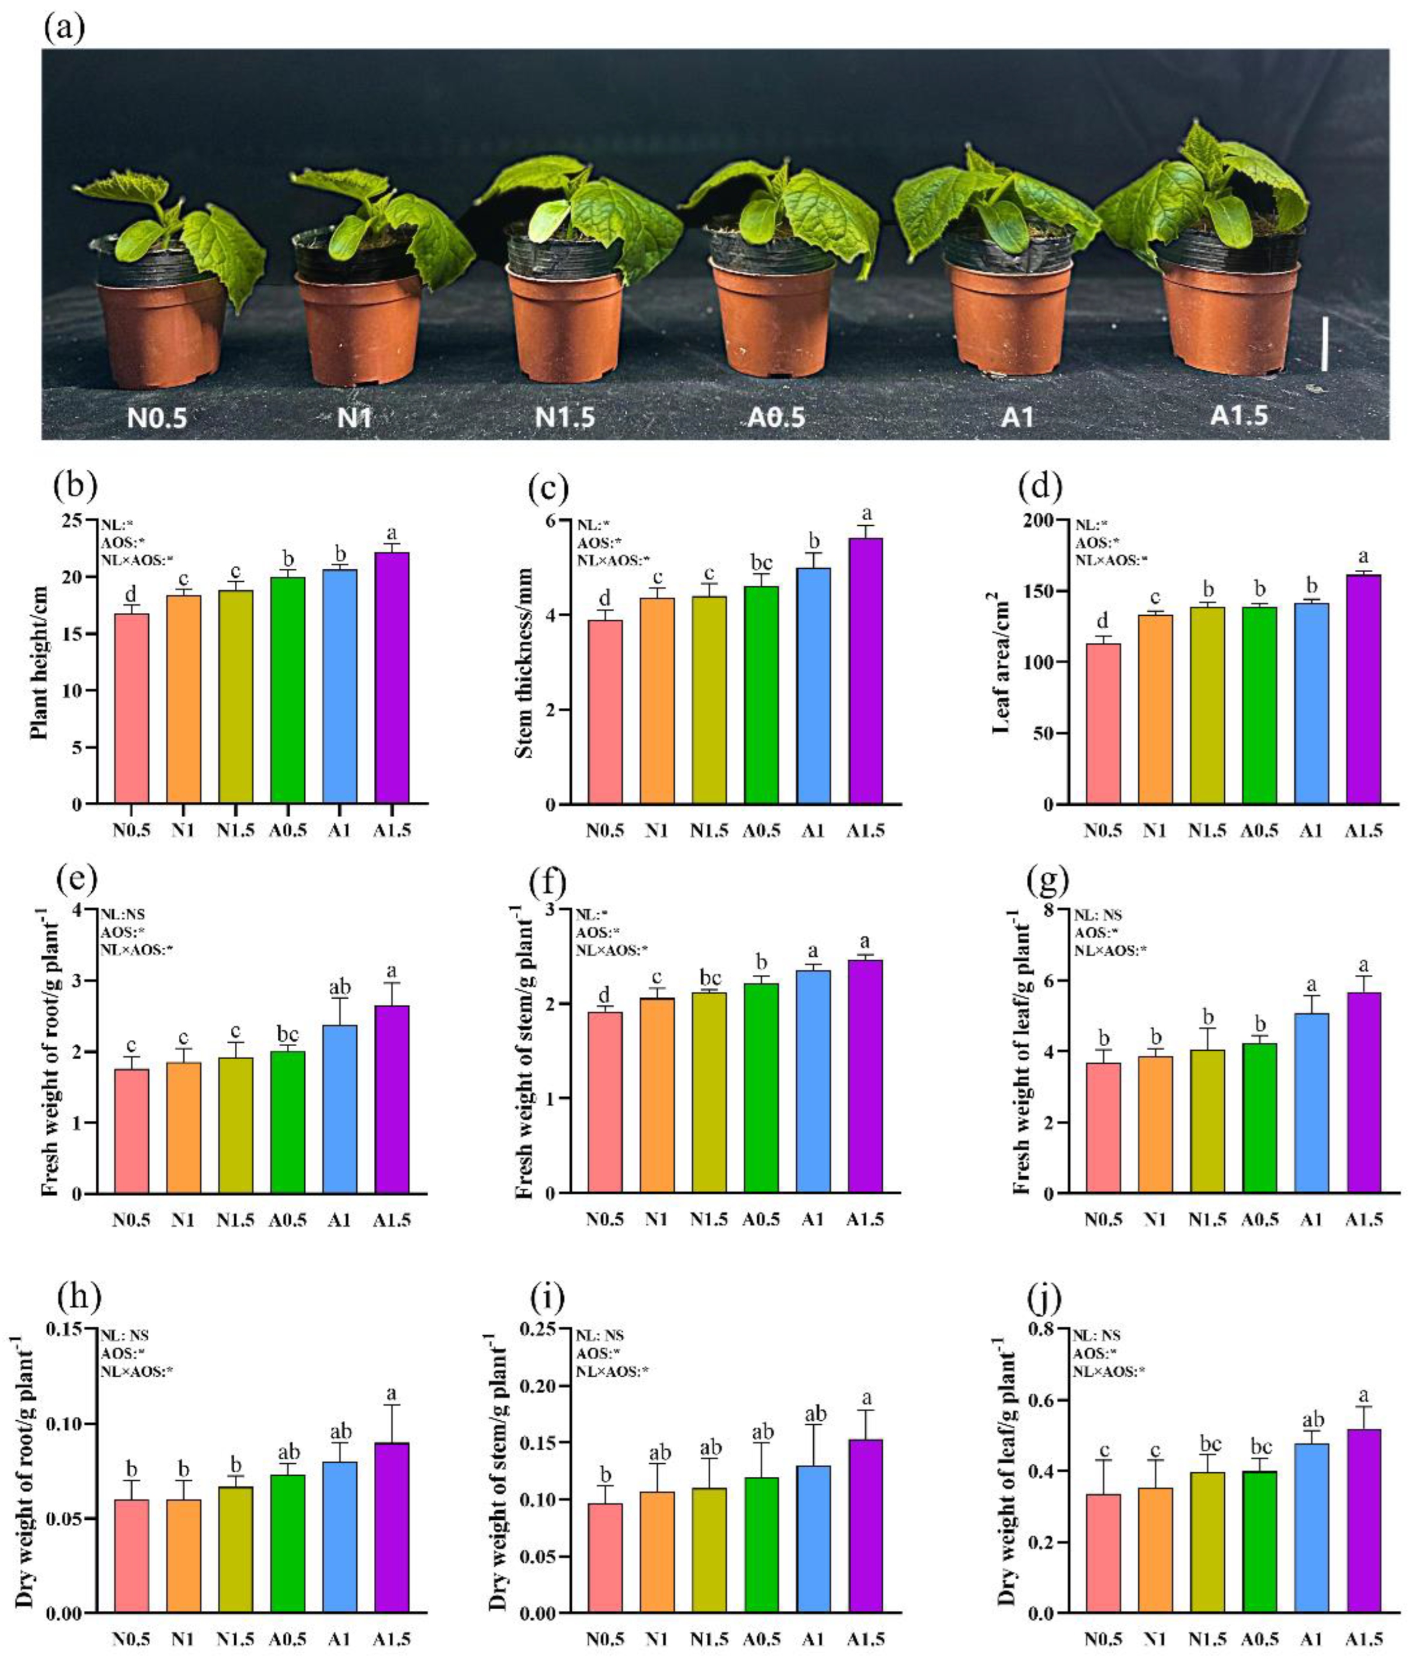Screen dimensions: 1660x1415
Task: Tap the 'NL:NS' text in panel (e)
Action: point(123,914)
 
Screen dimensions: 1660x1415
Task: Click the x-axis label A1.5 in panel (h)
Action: point(392,1639)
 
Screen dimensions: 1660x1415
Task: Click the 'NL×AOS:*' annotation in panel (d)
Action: point(1111,560)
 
